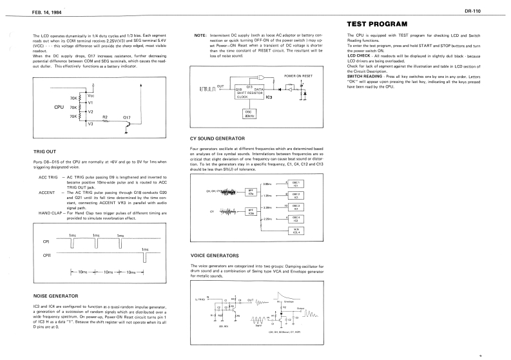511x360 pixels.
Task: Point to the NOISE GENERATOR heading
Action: click(56, 296)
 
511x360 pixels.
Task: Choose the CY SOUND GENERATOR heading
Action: click(218, 138)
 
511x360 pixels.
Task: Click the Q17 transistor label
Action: click(126, 117)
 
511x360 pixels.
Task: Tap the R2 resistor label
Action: click(106, 117)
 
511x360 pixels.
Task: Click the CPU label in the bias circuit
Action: click(60, 106)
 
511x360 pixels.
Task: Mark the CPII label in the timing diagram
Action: click(46, 256)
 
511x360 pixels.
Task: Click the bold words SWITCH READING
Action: click(365, 75)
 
